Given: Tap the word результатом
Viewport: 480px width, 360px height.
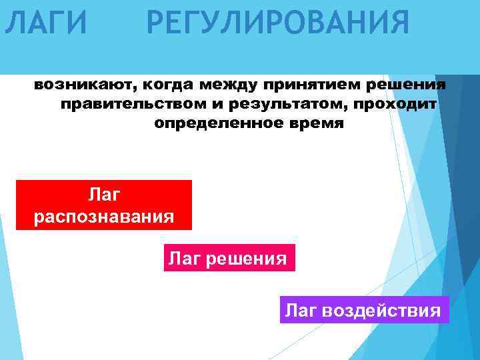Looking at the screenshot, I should (x=287, y=105).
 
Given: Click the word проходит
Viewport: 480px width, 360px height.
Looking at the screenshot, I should (x=395, y=105).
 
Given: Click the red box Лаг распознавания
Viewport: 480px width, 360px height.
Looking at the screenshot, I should (x=104, y=205).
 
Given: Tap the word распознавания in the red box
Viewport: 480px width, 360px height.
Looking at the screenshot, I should (x=104, y=217).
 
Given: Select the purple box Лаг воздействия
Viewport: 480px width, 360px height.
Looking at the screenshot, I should (x=363, y=310).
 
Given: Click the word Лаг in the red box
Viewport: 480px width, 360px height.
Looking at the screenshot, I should (x=104, y=194).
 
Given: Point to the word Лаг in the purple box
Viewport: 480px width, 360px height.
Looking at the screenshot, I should (x=300, y=310).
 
